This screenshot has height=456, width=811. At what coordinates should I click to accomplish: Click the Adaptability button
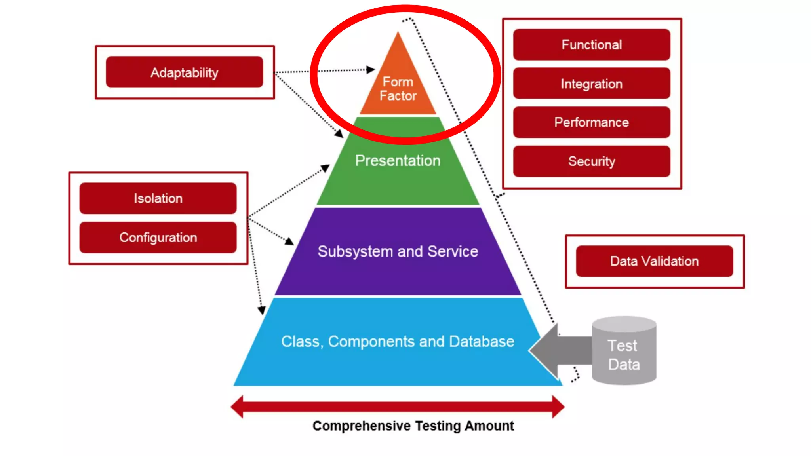click(184, 72)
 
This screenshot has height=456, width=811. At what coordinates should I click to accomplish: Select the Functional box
click(592, 45)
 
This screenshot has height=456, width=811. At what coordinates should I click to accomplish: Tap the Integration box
click(592, 84)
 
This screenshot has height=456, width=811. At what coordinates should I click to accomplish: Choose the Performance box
click(592, 122)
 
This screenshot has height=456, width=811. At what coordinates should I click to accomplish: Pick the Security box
click(592, 161)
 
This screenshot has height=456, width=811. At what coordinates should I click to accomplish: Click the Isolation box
click(158, 198)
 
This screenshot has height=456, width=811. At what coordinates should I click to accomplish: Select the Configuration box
click(158, 237)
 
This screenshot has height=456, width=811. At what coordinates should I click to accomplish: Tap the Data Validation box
click(654, 261)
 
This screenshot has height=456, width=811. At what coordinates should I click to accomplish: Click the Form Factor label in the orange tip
click(398, 89)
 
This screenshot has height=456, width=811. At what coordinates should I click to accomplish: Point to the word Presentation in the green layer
click(398, 161)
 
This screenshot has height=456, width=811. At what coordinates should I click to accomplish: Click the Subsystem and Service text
click(398, 252)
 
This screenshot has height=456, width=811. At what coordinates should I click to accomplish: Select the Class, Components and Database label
click(398, 342)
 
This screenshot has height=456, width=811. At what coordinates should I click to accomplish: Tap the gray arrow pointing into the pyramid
click(558, 350)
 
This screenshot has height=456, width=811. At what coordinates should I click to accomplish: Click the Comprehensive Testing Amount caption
click(413, 426)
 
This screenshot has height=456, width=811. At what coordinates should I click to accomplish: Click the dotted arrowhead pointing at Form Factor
click(370, 70)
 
